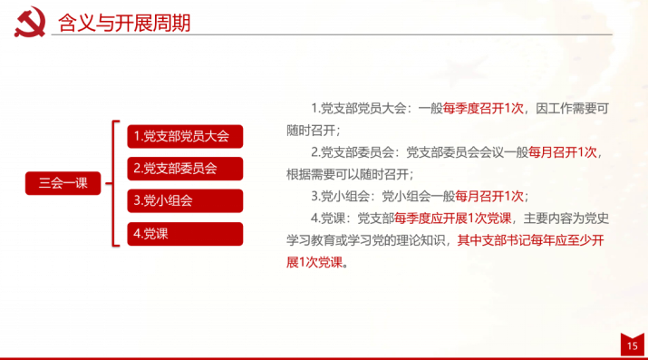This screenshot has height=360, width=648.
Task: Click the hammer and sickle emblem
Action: click(30, 22)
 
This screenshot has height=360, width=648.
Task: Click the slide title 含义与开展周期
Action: click(124, 23)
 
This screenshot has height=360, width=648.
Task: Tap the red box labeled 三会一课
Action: click(63, 183)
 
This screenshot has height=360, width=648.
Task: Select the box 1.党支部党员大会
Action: click(185, 136)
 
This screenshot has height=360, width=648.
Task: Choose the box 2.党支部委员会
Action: click(185, 169)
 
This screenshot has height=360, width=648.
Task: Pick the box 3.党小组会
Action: click(185, 201)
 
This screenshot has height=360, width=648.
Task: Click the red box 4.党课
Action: click(185, 234)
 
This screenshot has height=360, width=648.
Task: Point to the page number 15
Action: click(633, 346)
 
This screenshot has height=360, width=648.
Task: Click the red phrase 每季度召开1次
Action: click(483, 109)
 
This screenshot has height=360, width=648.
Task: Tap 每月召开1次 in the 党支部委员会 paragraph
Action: click(563, 152)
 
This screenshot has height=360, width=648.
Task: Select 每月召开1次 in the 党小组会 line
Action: click(489, 196)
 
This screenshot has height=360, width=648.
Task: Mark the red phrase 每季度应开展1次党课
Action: click(452, 219)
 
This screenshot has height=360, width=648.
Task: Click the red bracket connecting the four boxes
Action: click(113, 183)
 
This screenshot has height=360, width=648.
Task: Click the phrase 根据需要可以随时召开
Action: click(347, 174)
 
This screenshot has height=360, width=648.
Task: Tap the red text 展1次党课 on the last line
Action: click(314, 262)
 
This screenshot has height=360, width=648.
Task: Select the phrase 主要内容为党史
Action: click(566, 219)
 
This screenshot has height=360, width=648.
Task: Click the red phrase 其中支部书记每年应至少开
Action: click(530, 240)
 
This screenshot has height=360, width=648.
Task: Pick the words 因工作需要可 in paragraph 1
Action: click(573, 109)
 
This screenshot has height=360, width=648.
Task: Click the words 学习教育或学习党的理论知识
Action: click(366, 240)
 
